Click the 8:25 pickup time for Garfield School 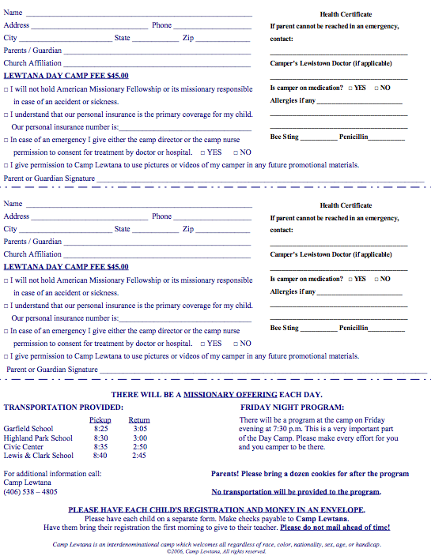point(100,429)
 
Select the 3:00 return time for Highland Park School point(139,438)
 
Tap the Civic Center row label point(25,446)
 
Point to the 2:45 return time point(139,456)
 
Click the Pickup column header point(100,419)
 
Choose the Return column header point(139,419)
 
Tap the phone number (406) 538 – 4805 point(31,491)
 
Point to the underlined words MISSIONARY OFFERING point(230,394)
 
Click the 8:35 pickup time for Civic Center point(100,446)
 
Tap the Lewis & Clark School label point(39,456)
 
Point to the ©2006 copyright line point(216,551)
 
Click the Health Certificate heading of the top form point(346,14)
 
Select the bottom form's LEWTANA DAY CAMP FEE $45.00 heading point(66,267)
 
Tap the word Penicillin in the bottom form point(353,328)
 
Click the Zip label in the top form point(188,38)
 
